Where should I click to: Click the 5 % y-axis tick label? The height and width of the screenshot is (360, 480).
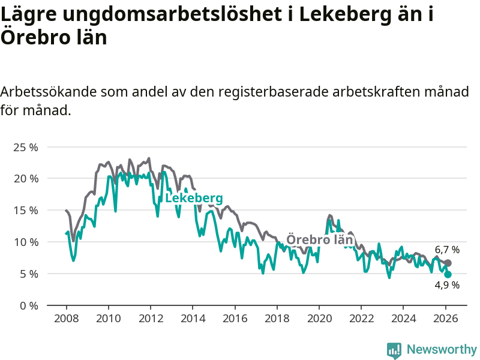coord(28,274)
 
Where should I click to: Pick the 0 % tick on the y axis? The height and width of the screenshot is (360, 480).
coord(28,306)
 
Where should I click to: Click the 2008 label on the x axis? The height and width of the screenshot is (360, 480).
coord(65,318)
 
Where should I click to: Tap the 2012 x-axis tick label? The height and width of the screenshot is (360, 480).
coord(150,318)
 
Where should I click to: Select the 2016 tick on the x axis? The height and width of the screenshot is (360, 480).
coord(235,318)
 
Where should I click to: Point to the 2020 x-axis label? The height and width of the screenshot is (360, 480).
coord(319,318)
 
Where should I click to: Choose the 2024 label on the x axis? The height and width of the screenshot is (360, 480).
coord(404,318)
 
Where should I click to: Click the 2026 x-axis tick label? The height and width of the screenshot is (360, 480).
coord(446,318)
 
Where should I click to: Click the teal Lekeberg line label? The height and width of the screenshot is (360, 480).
coord(194,199)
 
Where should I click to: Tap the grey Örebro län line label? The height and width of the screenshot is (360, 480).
coord(319,240)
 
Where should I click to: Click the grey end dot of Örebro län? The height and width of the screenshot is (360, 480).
coord(448,263)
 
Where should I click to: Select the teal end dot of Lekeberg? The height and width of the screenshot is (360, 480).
coord(448,274)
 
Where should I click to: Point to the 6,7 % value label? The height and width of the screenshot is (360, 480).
coord(447,250)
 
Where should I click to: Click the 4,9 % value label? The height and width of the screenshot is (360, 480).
coord(447,286)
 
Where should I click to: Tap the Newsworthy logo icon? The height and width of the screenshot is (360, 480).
coord(394,350)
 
